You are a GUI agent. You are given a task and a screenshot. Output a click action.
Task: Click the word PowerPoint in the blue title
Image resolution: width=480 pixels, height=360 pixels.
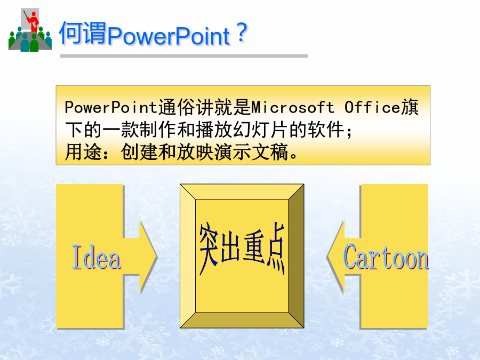click(169, 36)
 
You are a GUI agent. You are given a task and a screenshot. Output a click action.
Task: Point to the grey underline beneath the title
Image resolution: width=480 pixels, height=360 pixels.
click(183, 56)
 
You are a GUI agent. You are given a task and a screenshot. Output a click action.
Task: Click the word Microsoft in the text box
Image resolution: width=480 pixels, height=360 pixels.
click(293, 107)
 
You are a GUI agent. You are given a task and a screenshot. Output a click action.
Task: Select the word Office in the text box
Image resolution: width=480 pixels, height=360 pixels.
click(372, 107)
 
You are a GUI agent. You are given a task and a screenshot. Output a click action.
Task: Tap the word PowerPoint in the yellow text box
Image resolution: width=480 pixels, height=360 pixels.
click(111, 107)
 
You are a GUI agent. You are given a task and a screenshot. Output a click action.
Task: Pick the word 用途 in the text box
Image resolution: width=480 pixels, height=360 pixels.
click(83, 152)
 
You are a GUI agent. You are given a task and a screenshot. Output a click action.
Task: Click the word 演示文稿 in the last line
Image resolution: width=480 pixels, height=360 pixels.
click(251, 152)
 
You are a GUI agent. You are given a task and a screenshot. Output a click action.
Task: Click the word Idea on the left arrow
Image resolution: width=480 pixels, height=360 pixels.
click(96, 257)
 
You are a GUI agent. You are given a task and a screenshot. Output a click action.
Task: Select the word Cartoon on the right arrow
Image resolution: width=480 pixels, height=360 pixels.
click(386, 257)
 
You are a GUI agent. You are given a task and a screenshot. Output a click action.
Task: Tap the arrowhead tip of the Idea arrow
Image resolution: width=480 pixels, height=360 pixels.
click(157, 257)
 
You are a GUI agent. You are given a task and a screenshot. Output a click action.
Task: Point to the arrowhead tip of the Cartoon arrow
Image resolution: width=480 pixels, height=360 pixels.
click(327, 257)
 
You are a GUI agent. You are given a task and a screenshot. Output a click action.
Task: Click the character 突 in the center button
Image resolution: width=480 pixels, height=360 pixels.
click(209, 249)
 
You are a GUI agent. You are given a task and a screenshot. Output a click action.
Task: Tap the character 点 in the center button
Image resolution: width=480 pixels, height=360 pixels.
click(276, 248)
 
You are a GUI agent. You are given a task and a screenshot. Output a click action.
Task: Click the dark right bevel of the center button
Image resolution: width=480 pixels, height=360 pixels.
click(296, 256)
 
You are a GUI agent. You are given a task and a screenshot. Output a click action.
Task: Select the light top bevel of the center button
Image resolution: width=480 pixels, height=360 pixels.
click(242, 192)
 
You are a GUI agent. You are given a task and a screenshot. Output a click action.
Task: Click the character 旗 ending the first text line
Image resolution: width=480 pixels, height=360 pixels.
click(410, 107)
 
